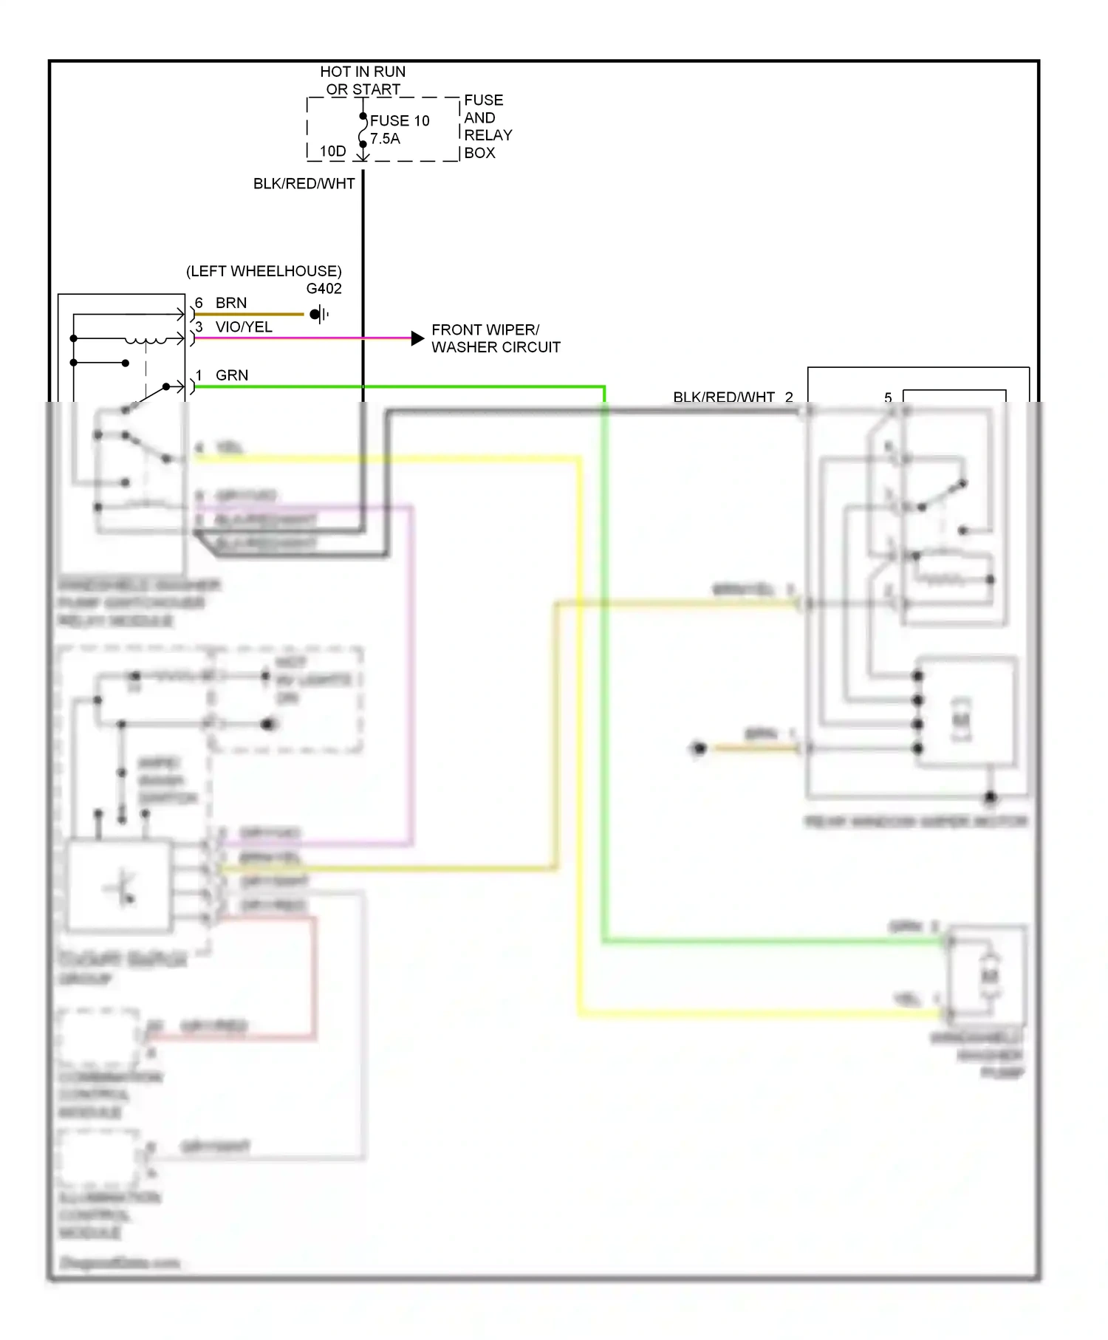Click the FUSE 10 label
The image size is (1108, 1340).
click(x=399, y=120)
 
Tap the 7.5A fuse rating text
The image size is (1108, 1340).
click(x=385, y=139)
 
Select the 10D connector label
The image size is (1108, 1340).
click(x=332, y=151)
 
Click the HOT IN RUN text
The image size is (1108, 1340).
click(x=362, y=72)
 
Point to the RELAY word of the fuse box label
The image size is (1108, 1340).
click(x=488, y=135)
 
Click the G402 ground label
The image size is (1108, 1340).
click(x=324, y=289)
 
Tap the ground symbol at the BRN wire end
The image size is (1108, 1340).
click(x=319, y=314)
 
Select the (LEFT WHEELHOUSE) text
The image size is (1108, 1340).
click(x=264, y=271)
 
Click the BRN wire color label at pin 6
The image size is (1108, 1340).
click(x=231, y=303)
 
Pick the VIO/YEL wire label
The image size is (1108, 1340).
click(x=244, y=327)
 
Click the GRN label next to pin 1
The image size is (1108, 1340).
click(x=232, y=375)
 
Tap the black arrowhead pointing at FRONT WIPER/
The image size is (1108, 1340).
click(x=417, y=338)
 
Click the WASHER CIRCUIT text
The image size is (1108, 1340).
click(x=496, y=347)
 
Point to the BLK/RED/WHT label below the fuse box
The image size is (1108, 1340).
click(x=304, y=184)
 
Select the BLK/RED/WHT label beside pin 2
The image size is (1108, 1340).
click(x=723, y=397)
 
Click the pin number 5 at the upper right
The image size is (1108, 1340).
click(x=888, y=397)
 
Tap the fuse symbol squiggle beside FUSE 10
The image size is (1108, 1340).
click(x=362, y=131)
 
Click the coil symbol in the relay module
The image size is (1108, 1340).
click(x=146, y=341)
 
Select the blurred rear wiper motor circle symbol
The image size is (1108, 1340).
click(x=960, y=719)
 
